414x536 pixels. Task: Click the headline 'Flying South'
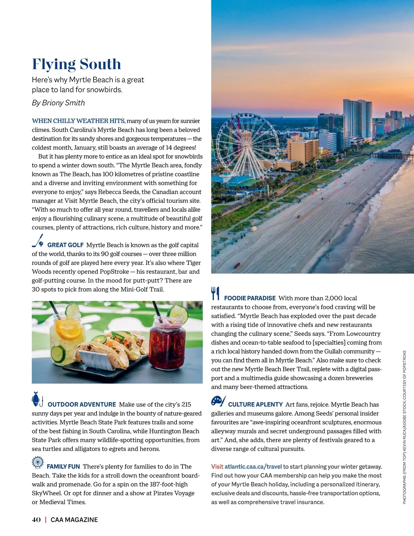[x=77, y=64]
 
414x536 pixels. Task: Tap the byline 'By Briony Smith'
[x=58, y=103]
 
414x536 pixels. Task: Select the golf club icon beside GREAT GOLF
[x=38, y=241]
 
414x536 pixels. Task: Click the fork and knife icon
[x=215, y=293]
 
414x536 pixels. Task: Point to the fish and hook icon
[x=37, y=399]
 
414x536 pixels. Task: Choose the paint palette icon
[x=218, y=401]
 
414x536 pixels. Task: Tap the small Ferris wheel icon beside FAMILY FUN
[x=38, y=462]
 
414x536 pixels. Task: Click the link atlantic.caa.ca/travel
[x=253, y=467]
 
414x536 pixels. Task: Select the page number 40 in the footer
[x=36, y=520]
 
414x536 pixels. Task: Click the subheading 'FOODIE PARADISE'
[x=250, y=298]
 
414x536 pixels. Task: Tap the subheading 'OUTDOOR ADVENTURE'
[x=82, y=404]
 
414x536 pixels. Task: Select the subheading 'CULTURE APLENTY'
[x=255, y=404]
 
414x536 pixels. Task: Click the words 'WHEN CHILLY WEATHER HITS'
[x=78, y=121]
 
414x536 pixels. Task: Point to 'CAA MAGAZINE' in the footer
[x=74, y=520]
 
